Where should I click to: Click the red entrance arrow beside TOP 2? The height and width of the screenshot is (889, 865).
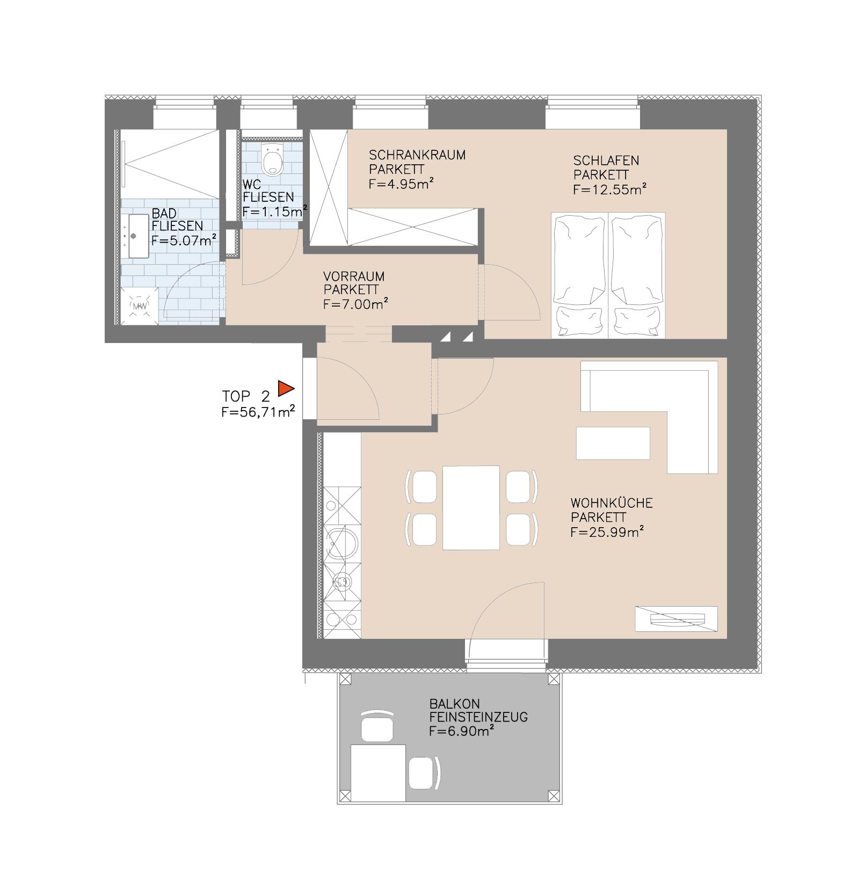pos(285,388)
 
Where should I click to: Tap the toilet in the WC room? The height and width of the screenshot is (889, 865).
pos(274,159)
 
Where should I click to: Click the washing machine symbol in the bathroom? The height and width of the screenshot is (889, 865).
pos(140,306)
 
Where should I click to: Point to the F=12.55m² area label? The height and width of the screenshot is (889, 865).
pos(609,190)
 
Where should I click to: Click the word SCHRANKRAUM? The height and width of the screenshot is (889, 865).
pos(417,155)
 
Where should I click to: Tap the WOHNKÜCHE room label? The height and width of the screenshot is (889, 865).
pos(611,504)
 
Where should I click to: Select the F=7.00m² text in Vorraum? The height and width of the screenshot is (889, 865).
pos(355,304)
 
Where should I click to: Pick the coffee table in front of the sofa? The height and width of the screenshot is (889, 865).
pos(613,443)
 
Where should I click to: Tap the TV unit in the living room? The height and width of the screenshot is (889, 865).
pos(676,619)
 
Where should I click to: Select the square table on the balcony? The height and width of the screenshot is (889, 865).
pos(378,773)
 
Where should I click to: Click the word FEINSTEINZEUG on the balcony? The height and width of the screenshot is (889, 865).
pos(478,717)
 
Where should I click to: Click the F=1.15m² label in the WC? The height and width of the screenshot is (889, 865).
pos(274,211)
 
